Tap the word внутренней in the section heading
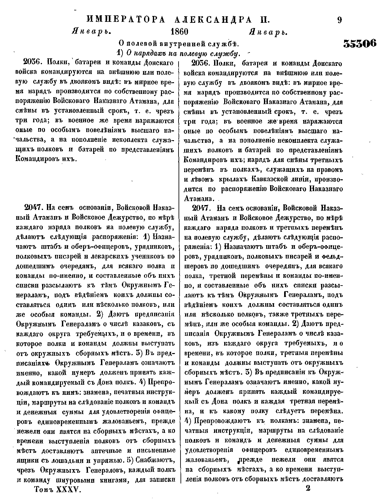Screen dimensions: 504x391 [179, 43]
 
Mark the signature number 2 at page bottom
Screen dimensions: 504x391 [308, 488]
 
